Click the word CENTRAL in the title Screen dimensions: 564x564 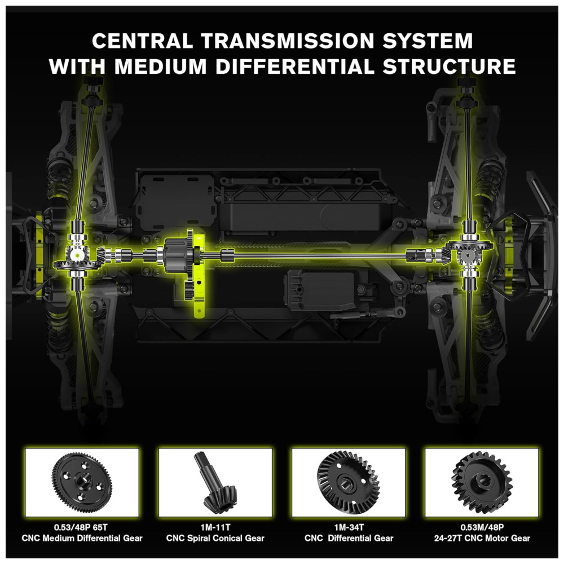coord(143,41)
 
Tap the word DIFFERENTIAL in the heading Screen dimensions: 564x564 coord(295,67)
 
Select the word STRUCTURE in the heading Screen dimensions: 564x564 coord(450,67)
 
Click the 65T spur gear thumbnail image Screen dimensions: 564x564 coord(82,482)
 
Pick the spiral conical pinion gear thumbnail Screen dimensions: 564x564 coord(215,482)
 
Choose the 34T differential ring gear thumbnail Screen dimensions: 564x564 coord(349,482)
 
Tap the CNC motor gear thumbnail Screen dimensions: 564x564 coord(482,482)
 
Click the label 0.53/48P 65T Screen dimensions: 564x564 coord(81,528)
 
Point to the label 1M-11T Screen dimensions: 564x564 coord(215,528)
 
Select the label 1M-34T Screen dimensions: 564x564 coord(349,528)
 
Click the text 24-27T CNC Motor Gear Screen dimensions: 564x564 coord(482,539)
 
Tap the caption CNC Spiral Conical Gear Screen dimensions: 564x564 coord(215,539)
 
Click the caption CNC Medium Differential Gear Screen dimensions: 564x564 coord(82,539)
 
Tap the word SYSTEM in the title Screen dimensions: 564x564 coord(428,41)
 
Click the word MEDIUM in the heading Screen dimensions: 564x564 coord(160,67)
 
